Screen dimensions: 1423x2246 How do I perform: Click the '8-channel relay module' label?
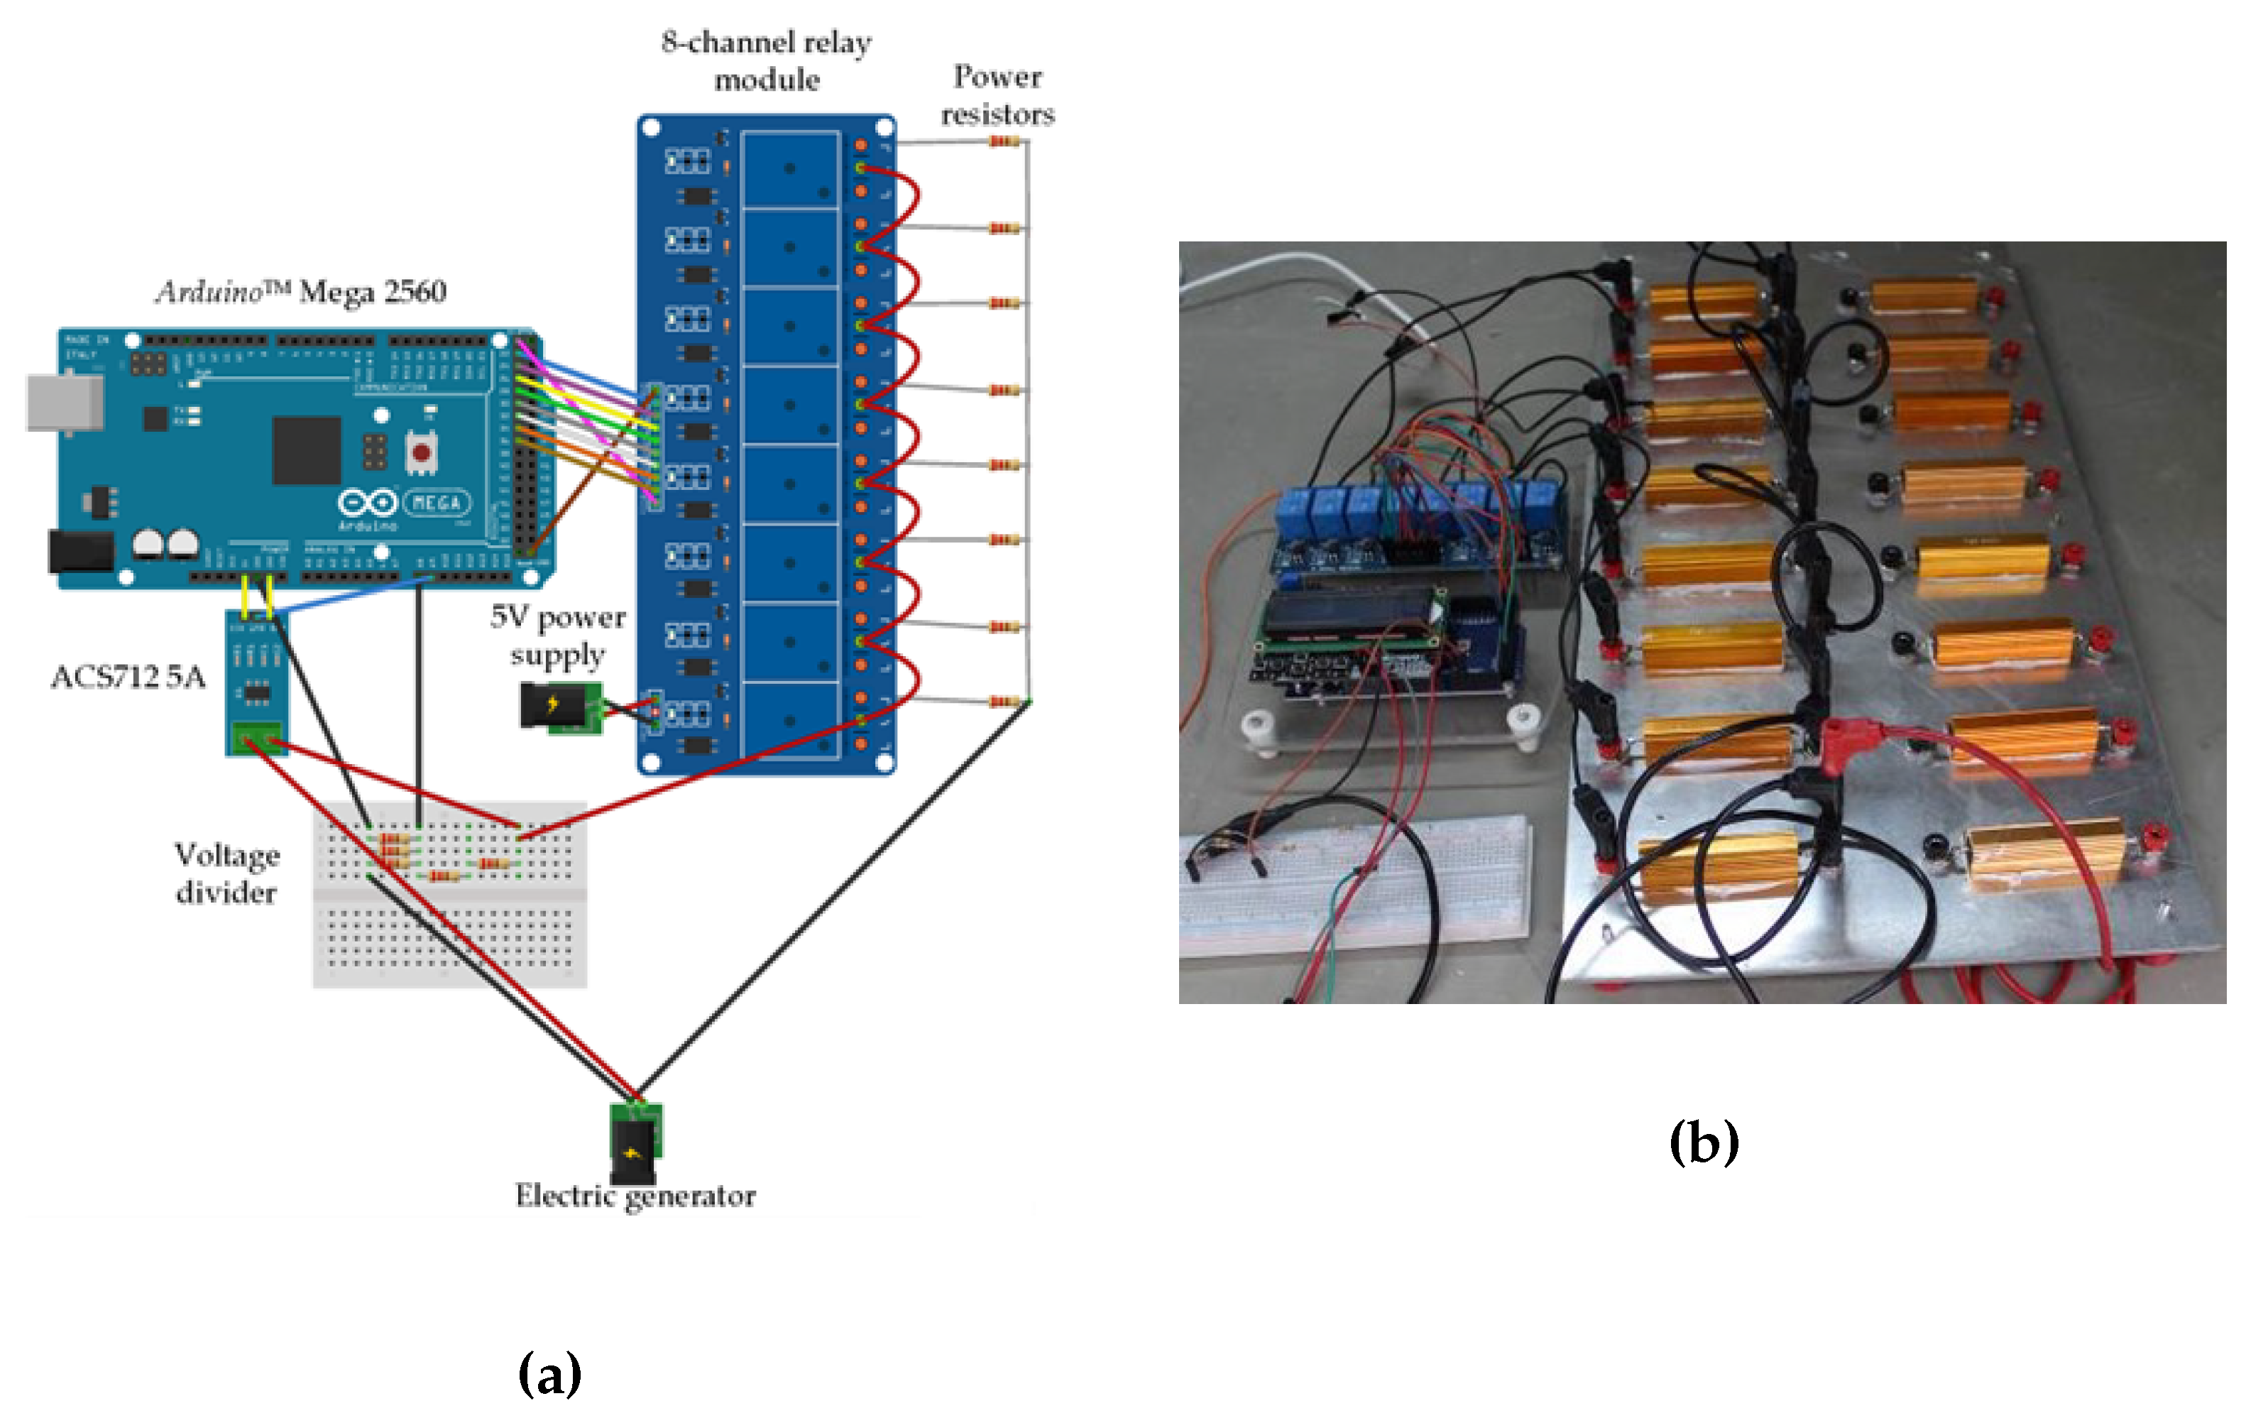[x=766, y=60]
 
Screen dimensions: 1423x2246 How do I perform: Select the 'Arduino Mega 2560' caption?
[x=300, y=292]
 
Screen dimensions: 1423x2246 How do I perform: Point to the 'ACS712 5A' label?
[x=128, y=677]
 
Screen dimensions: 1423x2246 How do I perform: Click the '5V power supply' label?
[x=558, y=636]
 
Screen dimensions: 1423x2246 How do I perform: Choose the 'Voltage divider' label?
[x=226, y=873]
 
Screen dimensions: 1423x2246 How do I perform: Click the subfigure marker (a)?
[x=549, y=1373]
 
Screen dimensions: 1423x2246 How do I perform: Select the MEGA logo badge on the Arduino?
[x=437, y=503]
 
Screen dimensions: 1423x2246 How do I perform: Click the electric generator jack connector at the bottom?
[x=636, y=1138]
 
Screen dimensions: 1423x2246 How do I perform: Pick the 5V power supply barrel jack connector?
[x=556, y=707]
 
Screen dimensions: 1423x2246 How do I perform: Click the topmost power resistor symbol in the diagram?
[x=1004, y=142]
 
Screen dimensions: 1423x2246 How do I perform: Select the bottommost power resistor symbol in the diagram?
[x=1004, y=702]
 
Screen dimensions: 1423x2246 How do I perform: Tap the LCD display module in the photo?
[x=1348, y=618]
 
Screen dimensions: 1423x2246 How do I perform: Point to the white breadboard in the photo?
[x=1352, y=882]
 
